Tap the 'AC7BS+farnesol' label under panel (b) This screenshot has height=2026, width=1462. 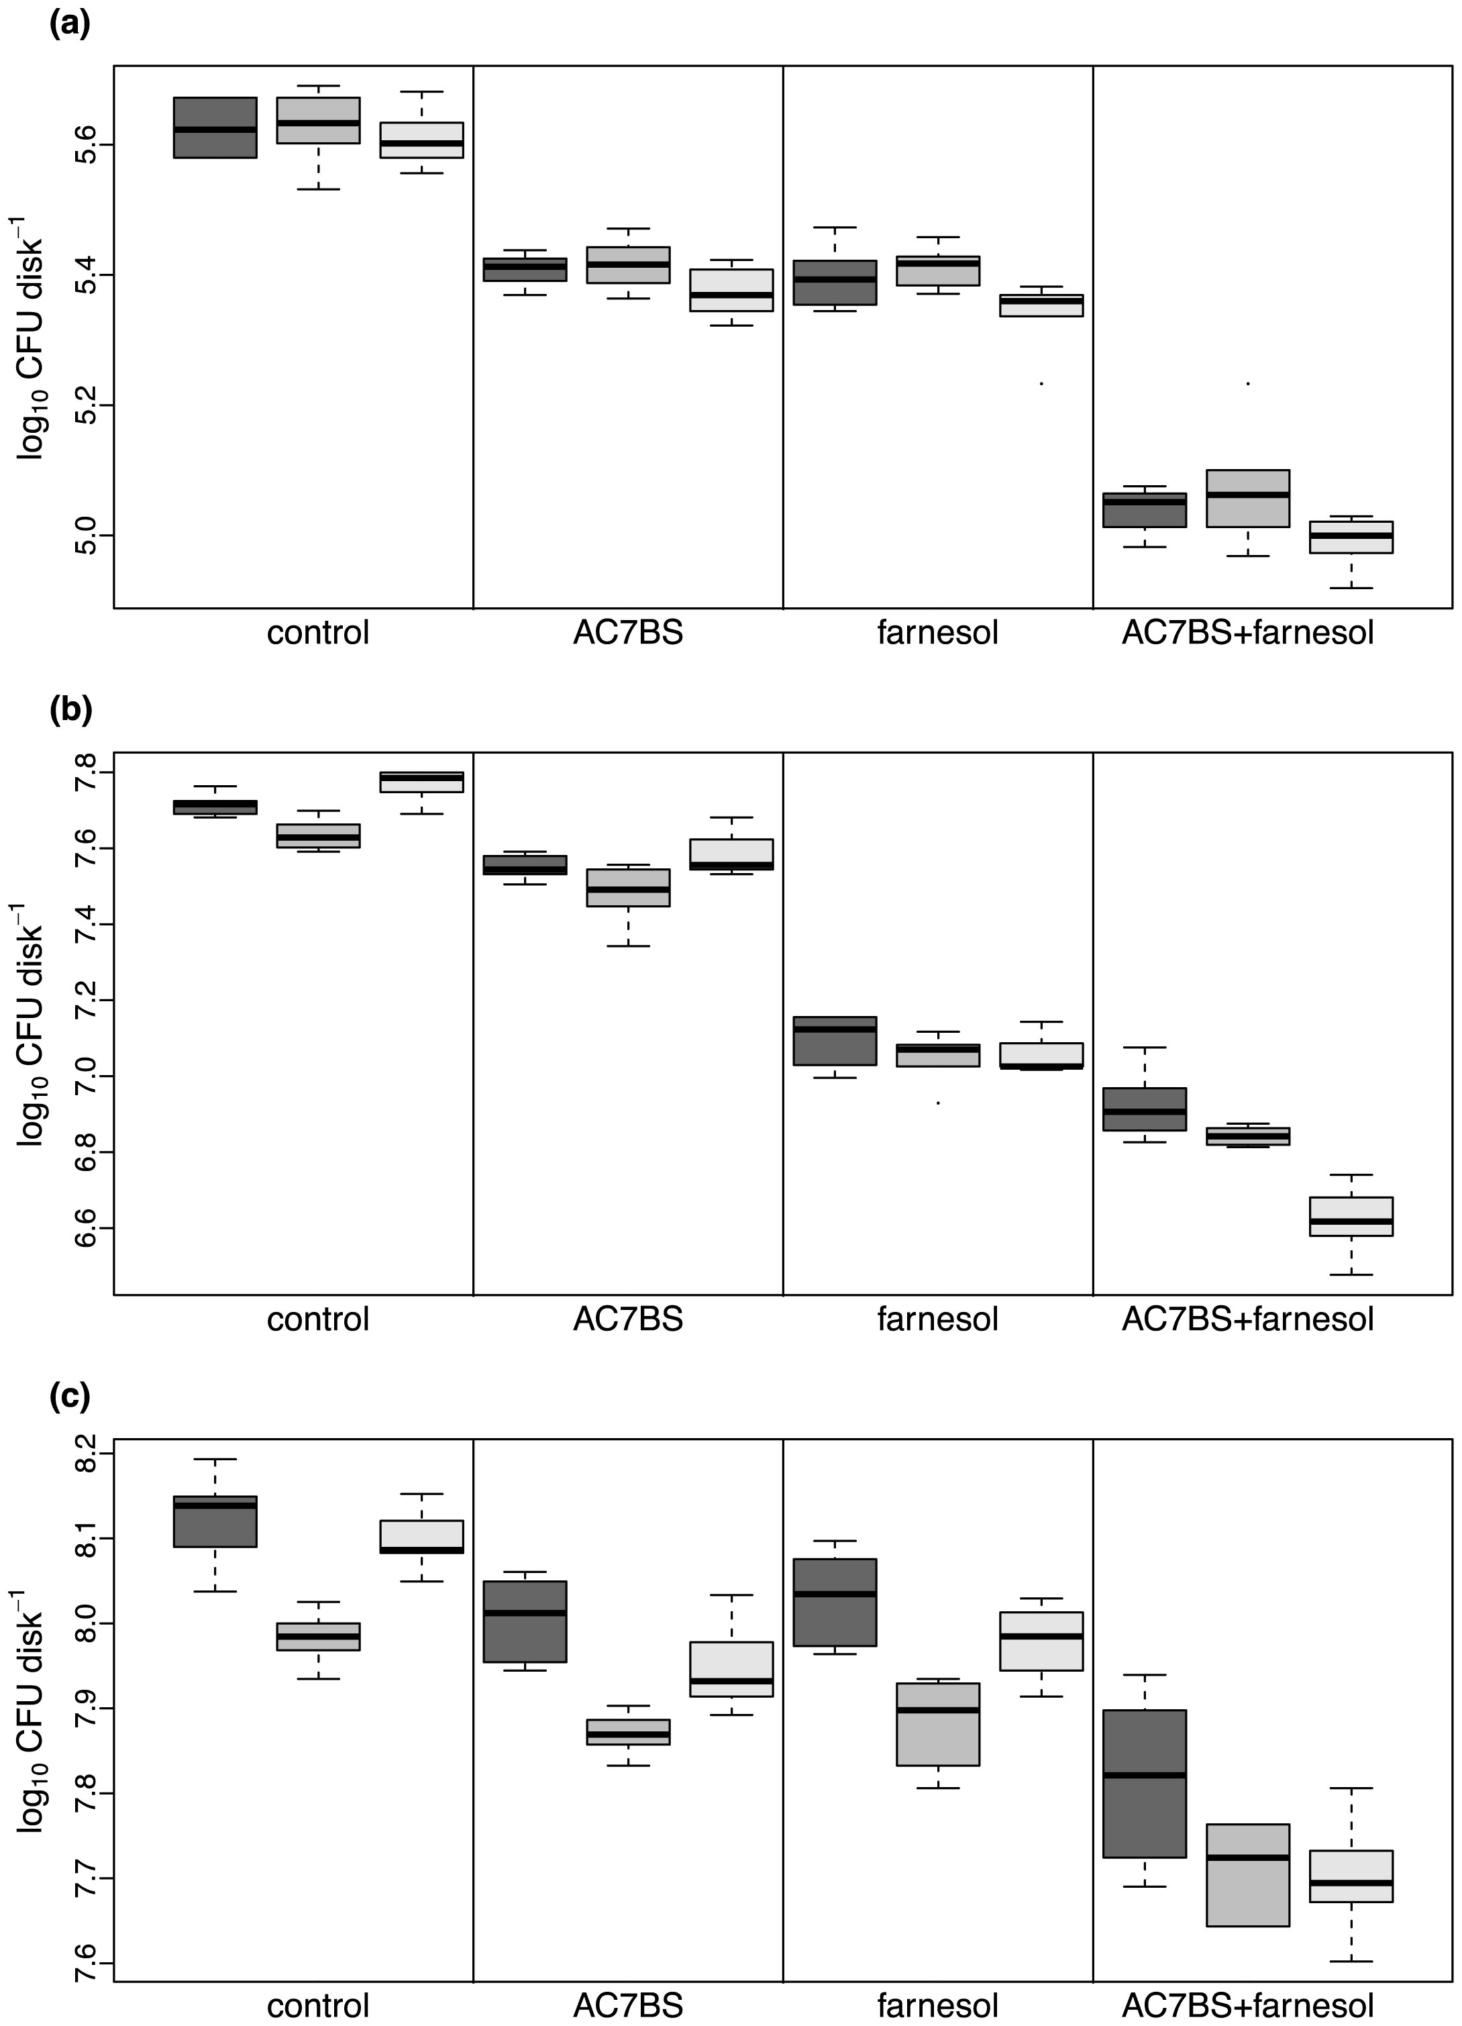pyautogui.click(x=1248, y=1319)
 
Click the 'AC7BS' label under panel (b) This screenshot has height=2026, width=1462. pyautogui.click(x=628, y=1319)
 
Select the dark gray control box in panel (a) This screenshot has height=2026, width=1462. pyautogui.click(x=215, y=128)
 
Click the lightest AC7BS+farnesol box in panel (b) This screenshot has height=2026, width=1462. pyautogui.click(x=1351, y=1217)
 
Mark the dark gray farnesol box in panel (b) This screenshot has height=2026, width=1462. pyautogui.click(x=835, y=1042)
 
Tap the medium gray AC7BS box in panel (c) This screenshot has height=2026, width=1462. pyautogui.click(x=628, y=1732)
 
